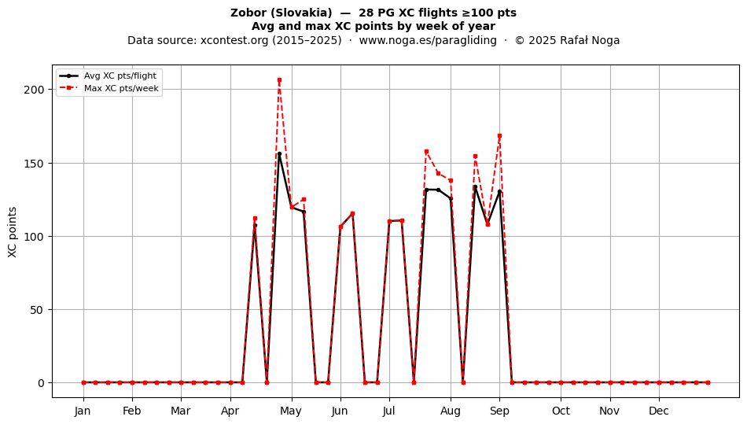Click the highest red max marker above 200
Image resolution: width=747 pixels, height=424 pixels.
(x=279, y=80)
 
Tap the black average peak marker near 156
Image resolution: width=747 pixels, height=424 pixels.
(x=279, y=154)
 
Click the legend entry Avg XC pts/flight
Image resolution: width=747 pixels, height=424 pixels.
(x=120, y=76)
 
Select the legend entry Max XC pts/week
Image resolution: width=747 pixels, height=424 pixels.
(x=121, y=88)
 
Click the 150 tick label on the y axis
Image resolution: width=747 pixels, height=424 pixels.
(x=34, y=164)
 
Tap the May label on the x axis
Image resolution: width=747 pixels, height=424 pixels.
(x=291, y=411)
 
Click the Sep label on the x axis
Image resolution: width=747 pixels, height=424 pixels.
(x=499, y=411)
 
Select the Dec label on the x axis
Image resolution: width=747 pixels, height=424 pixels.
(x=659, y=411)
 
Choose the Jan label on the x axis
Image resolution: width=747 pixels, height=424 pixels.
(x=83, y=411)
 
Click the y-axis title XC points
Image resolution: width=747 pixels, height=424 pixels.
(x=13, y=232)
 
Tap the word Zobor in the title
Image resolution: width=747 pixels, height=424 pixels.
(x=248, y=13)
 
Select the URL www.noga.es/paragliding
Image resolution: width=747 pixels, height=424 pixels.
(x=428, y=40)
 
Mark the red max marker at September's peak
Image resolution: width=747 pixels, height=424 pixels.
(x=499, y=136)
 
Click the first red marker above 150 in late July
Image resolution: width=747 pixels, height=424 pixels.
(x=426, y=152)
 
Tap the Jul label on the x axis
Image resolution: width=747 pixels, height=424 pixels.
(x=388, y=411)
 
